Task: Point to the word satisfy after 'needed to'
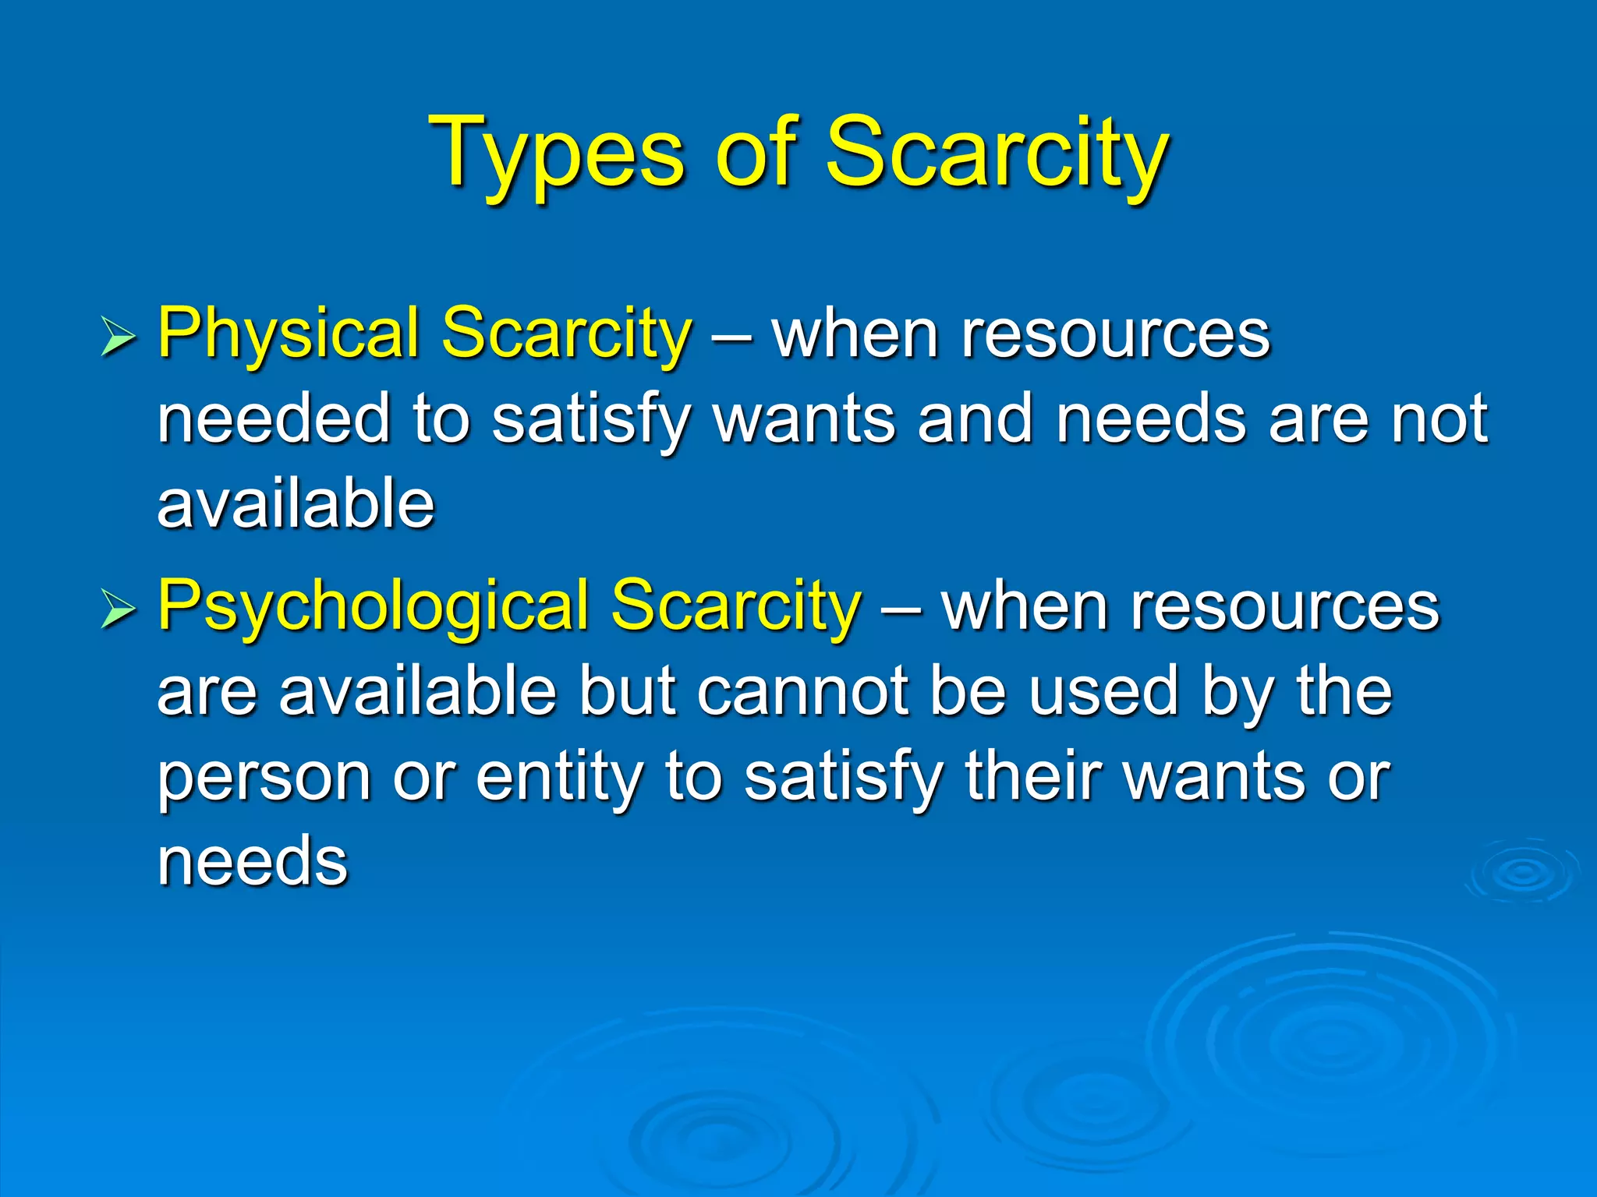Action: pos(591,421)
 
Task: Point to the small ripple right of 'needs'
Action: pos(1521,872)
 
